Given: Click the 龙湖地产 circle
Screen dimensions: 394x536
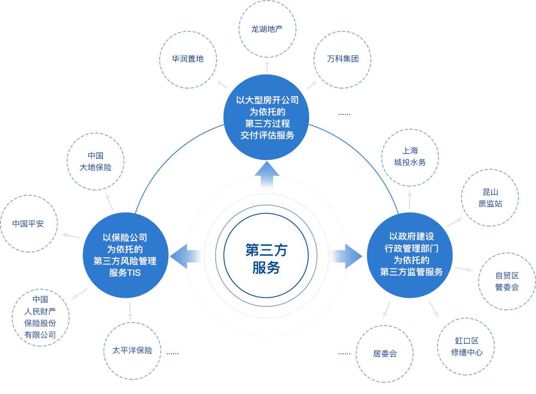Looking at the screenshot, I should point(267,29).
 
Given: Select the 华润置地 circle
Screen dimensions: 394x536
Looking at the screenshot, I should point(188,59).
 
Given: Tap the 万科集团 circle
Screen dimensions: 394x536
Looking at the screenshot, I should point(342,59).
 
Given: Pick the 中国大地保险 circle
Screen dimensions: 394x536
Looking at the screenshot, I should point(96,162).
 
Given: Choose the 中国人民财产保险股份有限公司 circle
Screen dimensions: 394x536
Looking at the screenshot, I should point(40,317).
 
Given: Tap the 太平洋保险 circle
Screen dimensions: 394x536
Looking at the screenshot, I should point(132,351).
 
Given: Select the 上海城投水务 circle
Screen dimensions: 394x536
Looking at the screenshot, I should point(410,157).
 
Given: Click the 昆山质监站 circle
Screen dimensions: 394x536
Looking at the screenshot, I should point(490,198).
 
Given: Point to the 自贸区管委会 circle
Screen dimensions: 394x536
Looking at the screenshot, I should point(507,281).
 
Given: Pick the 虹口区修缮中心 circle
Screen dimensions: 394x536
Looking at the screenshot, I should point(467,346).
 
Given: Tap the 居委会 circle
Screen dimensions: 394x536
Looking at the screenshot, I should point(385,354).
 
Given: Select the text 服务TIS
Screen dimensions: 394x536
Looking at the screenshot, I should point(125,273).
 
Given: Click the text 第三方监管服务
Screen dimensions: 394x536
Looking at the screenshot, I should point(411,272).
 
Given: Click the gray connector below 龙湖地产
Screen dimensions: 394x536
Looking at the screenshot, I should point(267,67).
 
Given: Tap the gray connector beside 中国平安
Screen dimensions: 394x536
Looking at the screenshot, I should point(70,236).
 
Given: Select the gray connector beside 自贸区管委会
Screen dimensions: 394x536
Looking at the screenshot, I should point(464,269).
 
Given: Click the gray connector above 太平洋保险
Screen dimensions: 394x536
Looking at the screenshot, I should point(130,310).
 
